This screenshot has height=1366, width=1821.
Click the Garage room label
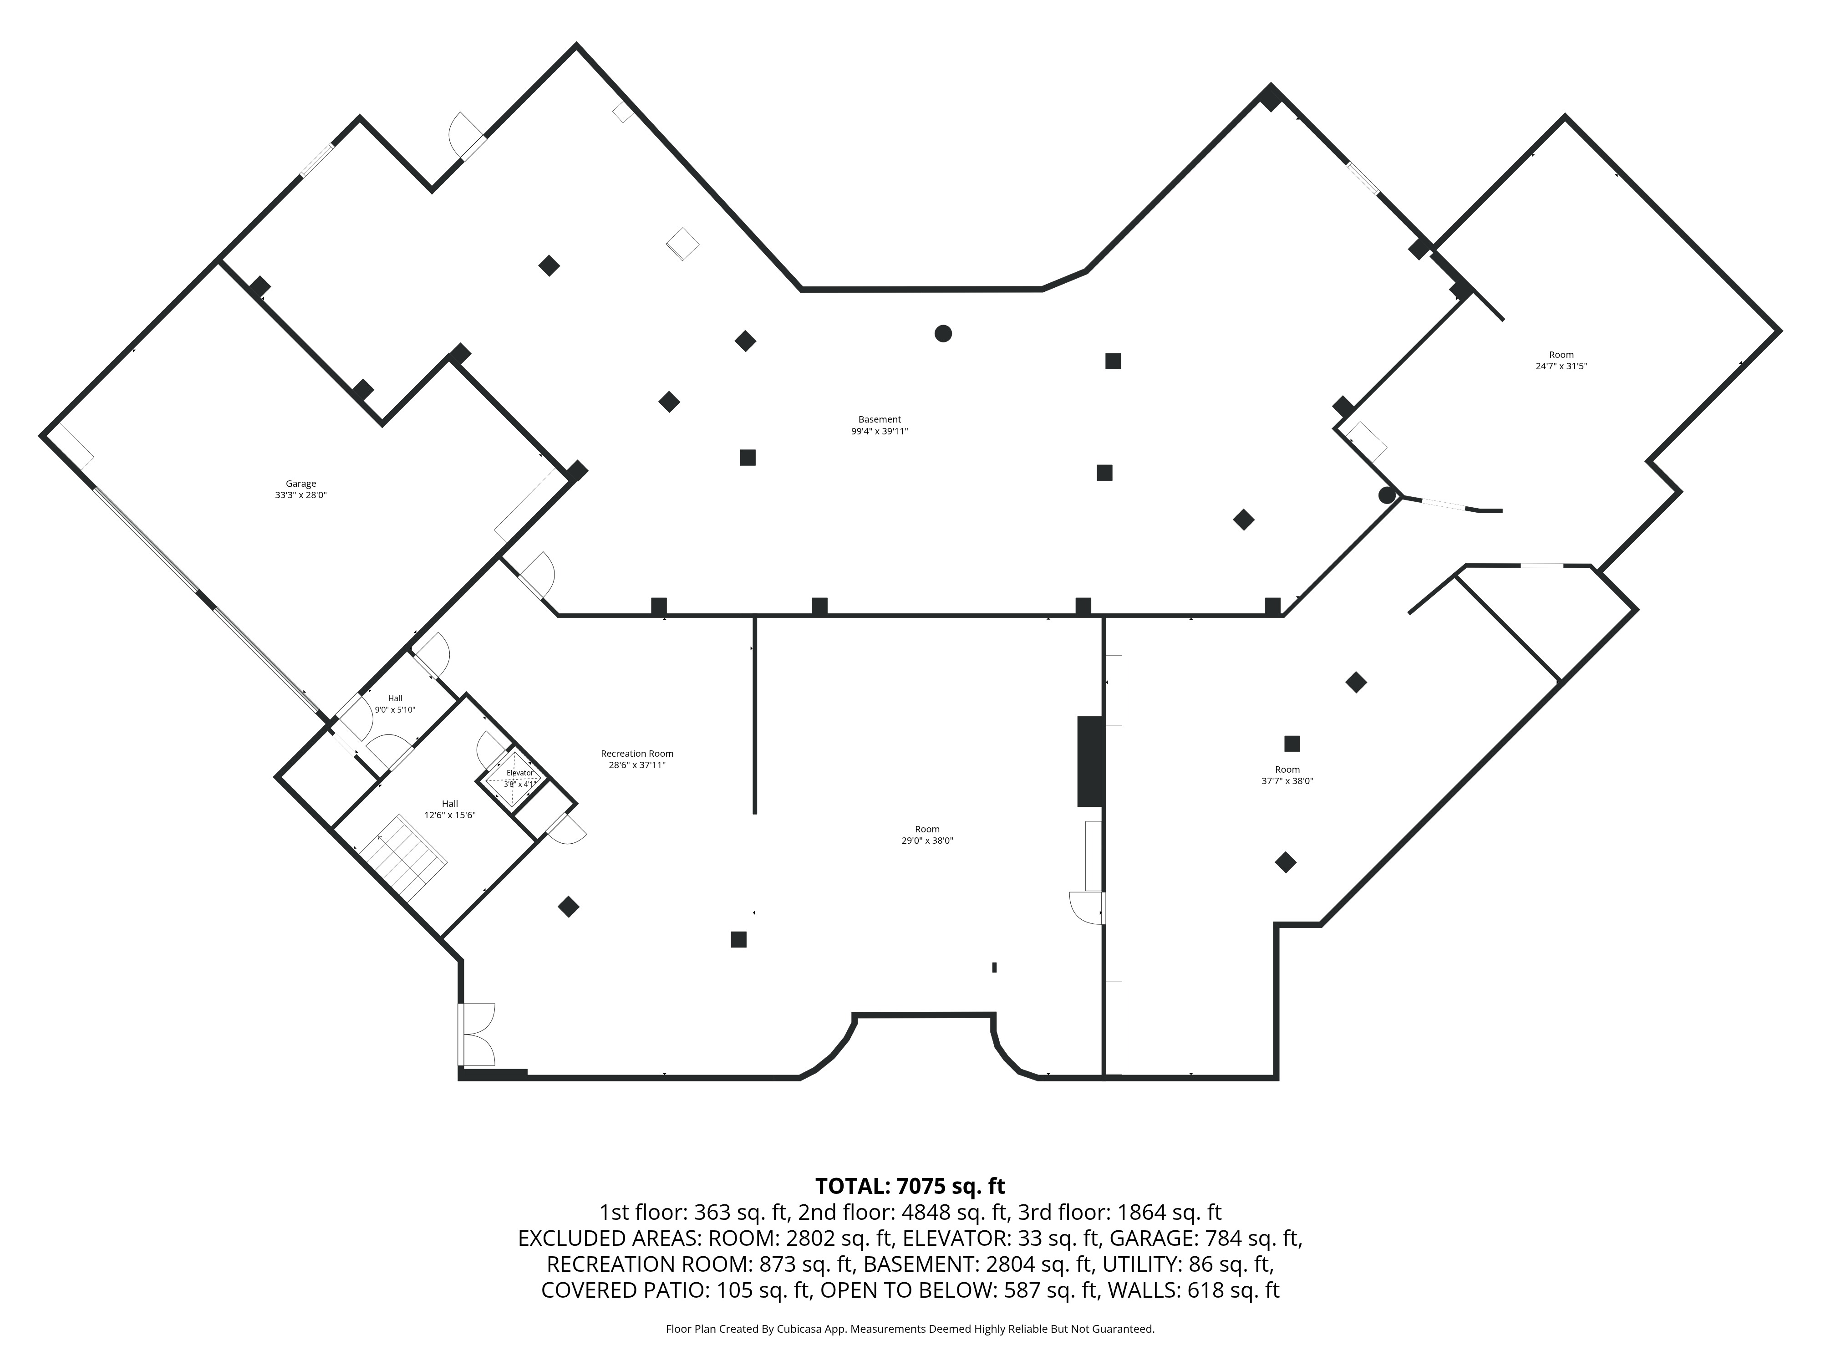tap(301, 484)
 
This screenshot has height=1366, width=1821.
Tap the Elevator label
tap(519, 773)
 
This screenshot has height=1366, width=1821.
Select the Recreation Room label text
tap(637, 754)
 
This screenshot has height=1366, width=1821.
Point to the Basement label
tap(879, 419)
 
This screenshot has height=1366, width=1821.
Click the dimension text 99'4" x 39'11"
tap(879, 431)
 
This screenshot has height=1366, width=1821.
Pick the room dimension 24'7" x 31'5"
tap(1561, 367)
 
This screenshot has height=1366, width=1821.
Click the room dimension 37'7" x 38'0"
tap(1287, 781)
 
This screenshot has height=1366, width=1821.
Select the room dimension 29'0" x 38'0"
tap(927, 841)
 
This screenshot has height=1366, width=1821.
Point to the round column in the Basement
tap(943, 333)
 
